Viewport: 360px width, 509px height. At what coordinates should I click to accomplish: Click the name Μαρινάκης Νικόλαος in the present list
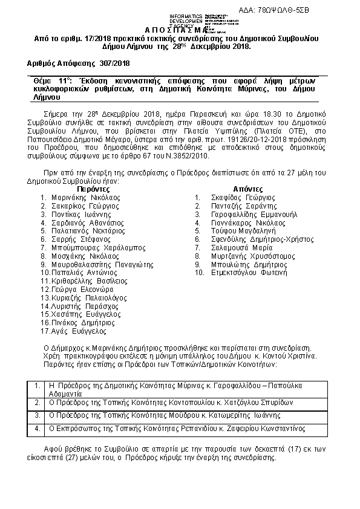[x=85, y=197]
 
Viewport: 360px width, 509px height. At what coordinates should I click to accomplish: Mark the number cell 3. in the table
[x=38, y=415]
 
